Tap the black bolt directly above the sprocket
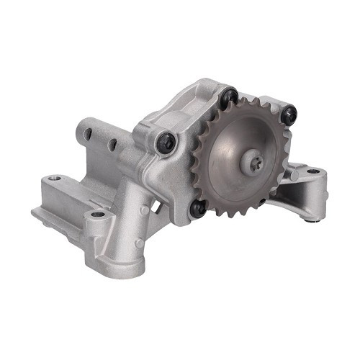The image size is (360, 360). [231, 96]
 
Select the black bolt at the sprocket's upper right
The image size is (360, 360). [289, 112]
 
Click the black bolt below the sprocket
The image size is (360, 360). [197, 208]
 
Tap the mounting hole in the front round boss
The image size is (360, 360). [96, 215]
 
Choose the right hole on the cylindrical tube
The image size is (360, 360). [112, 143]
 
